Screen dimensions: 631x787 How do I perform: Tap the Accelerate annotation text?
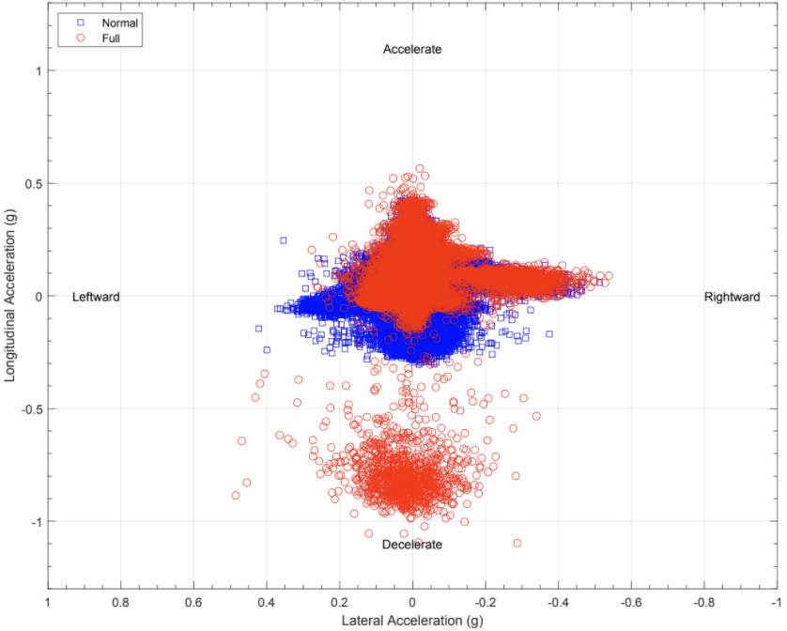[x=411, y=49]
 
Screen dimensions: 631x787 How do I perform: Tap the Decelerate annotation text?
[x=411, y=545]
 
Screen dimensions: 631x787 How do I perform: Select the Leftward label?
[x=96, y=297]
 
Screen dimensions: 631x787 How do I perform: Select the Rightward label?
[x=732, y=297]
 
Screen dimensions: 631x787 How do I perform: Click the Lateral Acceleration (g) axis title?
[x=411, y=621]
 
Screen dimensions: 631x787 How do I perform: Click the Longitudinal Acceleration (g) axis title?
[x=10, y=297]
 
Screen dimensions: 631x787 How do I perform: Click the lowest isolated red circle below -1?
[x=517, y=543]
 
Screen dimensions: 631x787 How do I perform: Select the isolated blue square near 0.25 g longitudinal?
[x=284, y=240]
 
